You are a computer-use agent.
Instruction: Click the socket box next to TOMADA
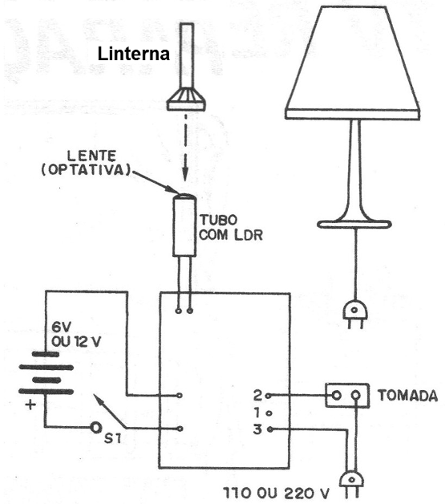tap(346, 395)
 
